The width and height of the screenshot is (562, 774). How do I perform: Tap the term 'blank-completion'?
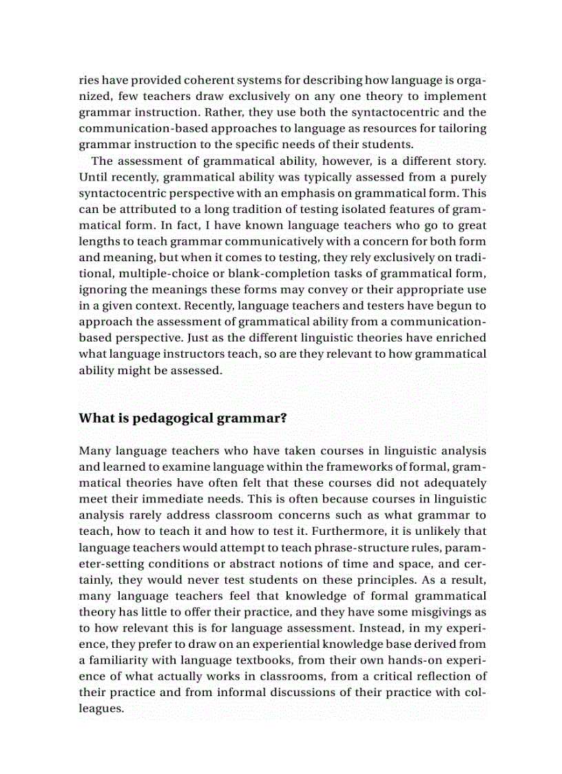coord(261,274)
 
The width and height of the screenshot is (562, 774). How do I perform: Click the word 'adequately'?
coord(455,483)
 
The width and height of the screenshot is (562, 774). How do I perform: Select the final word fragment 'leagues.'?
coord(101,709)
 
